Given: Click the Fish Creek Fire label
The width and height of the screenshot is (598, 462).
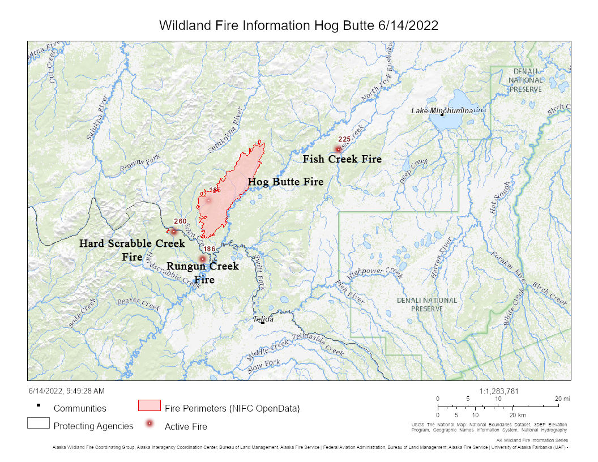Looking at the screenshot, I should (x=341, y=159).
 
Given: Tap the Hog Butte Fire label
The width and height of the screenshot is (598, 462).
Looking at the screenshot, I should (x=285, y=182).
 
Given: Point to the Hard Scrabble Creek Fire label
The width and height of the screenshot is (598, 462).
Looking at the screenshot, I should (x=132, y=250).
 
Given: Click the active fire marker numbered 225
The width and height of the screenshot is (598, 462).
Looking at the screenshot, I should (x=338, y=149).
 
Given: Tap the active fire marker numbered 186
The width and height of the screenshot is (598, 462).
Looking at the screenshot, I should (x=203, y=259).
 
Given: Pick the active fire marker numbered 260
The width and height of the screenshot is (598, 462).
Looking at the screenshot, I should (x=173, y=231).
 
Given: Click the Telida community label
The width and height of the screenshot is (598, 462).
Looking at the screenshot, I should (x=263, y=319).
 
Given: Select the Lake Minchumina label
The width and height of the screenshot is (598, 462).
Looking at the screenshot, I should (x=442, y=110).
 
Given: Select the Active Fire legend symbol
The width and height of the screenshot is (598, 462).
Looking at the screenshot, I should (x=149, y=424).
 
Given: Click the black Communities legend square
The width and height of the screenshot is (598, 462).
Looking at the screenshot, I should (x=38, y=405).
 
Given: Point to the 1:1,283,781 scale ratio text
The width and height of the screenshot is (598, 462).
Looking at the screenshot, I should (x=498, y=391).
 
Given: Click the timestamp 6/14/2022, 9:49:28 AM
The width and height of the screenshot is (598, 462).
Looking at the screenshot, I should (x=66, y=391).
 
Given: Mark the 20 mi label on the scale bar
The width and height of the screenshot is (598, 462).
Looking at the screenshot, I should (x=562, y=399).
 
